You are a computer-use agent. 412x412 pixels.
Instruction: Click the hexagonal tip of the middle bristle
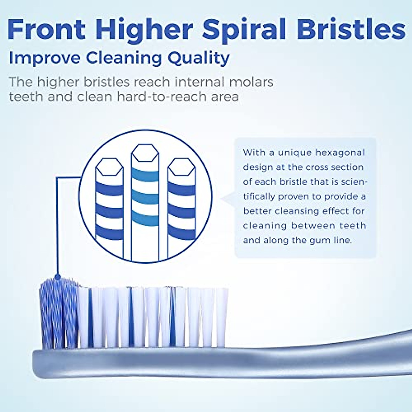pos(146,153)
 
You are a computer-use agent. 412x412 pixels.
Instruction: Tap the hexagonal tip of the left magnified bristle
pos(109,168)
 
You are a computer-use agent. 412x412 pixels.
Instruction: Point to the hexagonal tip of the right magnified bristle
pos(182,167)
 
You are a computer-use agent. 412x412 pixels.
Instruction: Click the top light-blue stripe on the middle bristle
pos(146,174)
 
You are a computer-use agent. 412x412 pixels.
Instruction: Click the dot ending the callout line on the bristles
pos(58,277)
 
